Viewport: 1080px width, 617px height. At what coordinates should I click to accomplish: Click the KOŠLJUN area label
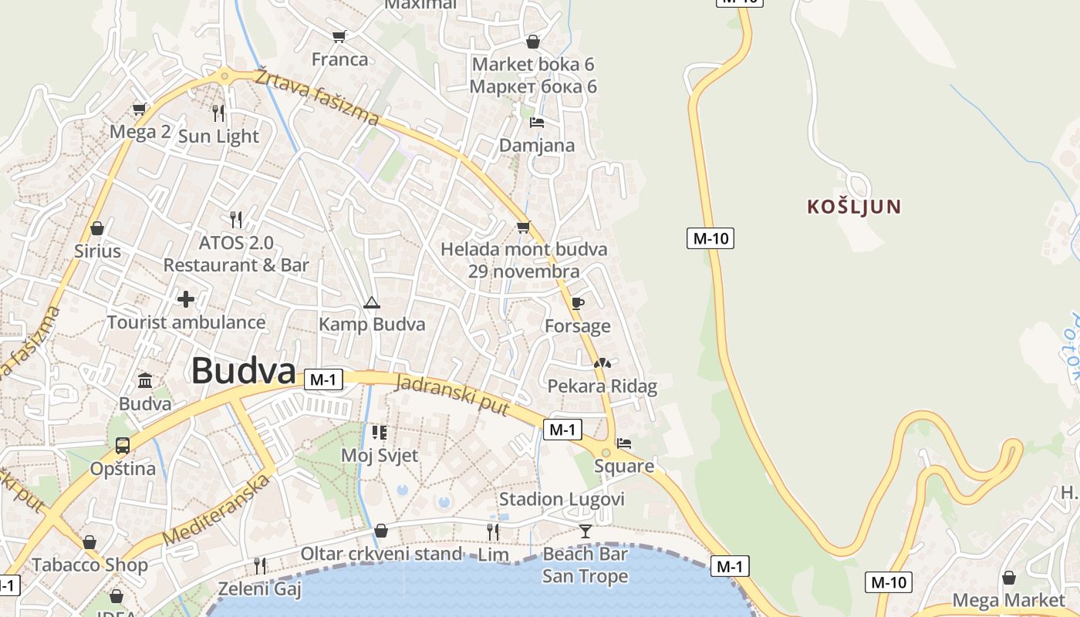pos(854,207)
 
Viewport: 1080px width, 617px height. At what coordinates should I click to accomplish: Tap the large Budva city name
pos(243,371)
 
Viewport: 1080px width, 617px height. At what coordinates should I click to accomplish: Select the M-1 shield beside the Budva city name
pos(324,379)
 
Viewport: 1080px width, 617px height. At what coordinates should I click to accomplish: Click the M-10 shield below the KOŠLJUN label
pos(710,238)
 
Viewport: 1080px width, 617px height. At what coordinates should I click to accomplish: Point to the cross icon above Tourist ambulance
pos(186,298)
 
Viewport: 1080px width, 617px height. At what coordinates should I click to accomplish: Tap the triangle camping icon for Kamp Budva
pos(372,302)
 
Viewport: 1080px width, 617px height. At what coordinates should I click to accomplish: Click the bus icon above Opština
pos(123,445)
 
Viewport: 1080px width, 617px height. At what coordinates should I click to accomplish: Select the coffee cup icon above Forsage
pos(578,303)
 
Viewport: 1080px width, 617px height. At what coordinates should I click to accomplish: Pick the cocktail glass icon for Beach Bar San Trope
pos(586,531)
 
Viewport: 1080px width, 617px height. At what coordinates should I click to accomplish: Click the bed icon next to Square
pos(624,443)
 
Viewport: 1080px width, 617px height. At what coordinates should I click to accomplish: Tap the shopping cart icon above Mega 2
pos(140,109)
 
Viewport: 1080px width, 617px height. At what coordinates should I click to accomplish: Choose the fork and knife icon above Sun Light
pos(218,113)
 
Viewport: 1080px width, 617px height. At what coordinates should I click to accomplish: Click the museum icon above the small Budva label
pos(145,380)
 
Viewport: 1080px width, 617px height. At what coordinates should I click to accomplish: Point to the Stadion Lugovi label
pos(562,499)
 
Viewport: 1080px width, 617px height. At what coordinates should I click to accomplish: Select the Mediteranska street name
pos(218,511)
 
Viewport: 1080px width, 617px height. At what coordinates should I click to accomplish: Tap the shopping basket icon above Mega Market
pos(1008,577)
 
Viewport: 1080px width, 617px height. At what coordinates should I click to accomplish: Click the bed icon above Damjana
pos(537,123)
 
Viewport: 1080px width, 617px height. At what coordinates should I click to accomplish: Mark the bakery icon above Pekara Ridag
pos(602,362)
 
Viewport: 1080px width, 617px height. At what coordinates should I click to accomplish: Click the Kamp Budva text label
pos(372,324)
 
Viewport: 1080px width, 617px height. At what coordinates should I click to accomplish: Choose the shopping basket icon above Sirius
pos(97,228)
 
